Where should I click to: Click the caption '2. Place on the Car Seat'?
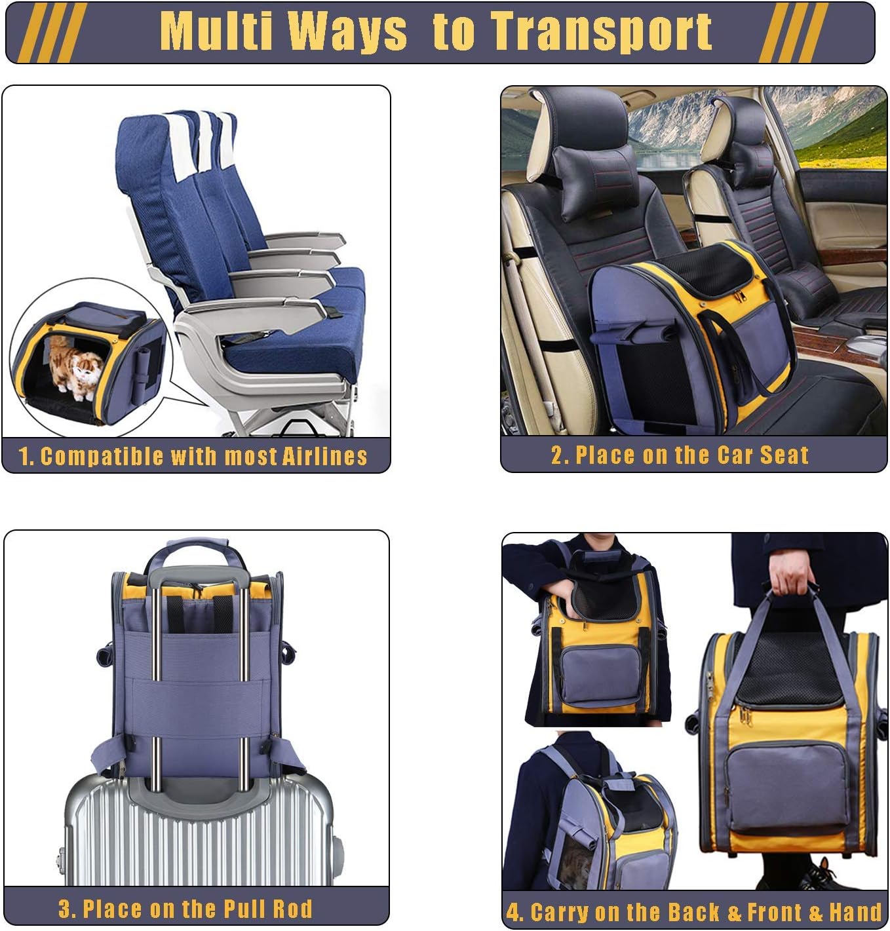click(680, 455)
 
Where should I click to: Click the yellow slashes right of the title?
click(792, 32)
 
